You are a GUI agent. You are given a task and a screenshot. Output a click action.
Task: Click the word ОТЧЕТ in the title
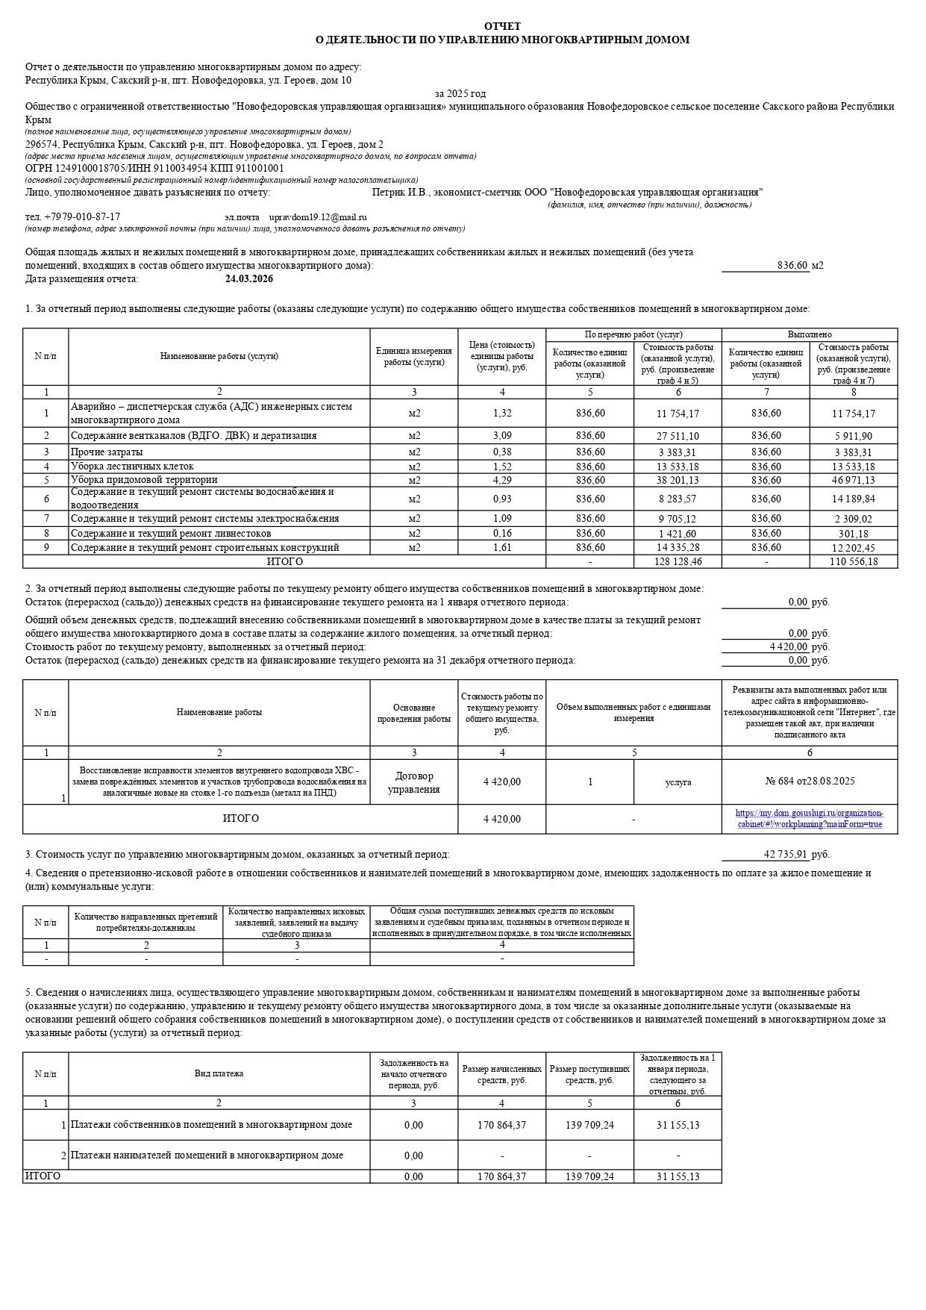click(502, 26)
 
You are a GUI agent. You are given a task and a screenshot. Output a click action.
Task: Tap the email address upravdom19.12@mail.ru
click(318, 217)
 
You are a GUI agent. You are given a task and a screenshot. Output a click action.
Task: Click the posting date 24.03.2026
click(249, 279)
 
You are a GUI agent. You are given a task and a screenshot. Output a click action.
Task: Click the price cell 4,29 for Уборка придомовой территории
click(502, 480)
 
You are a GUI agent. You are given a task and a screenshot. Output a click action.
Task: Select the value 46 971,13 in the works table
click(854, 480)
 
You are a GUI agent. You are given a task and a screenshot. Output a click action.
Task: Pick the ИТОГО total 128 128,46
click(678, 561)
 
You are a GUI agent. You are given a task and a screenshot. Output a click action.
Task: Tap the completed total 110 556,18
click(854, 561)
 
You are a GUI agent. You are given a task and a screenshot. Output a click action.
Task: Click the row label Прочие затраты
click(107, 452)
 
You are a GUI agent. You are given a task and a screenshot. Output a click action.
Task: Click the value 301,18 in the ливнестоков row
click(854, 534)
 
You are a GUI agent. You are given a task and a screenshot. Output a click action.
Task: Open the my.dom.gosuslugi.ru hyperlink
click(810, 819)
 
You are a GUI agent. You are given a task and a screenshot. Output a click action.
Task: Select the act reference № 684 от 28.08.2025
click(810, 782)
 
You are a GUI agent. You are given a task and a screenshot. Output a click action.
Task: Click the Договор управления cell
click(413, 782)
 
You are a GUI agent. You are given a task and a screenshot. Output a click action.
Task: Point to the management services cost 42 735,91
click(786, 855)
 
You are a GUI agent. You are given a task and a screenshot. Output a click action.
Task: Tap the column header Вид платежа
click(219, 1074)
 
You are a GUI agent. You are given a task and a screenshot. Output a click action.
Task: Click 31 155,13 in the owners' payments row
click(678, 1126)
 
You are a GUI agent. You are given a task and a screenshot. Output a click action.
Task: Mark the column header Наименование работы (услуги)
click(219, 356)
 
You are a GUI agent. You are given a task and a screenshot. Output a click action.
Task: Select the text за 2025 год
click(460, 94)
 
